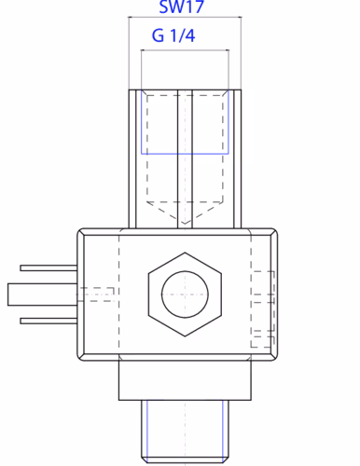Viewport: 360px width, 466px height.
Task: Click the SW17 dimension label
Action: coord(181,7)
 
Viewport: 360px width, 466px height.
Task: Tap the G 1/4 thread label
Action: coord(173,35)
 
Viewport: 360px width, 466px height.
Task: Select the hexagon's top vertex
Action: coord(185,253)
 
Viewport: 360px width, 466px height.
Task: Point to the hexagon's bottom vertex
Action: coord(185,336)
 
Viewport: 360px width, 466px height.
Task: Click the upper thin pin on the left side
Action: coord(48,268)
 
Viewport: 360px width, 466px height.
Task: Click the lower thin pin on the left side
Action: coord(48,321)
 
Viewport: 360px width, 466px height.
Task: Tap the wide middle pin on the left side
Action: coord(43,295)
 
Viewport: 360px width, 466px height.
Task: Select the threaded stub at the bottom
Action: coord(185,432)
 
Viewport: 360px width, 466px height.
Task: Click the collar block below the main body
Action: coord(185,380)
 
